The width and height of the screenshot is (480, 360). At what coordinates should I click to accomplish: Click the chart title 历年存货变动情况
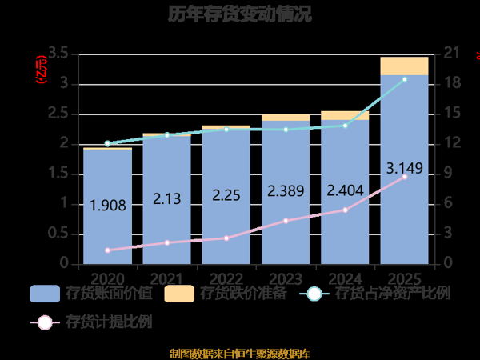(240, 14)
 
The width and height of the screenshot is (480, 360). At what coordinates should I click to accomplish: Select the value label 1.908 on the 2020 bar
(107, 205)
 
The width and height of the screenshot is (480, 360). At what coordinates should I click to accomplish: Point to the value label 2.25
(226, 194)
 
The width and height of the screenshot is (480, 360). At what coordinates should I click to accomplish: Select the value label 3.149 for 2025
(404, 169)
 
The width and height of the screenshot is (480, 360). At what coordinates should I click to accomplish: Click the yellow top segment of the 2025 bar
(404, 66)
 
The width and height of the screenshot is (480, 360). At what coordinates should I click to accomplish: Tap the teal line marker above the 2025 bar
(404, 79)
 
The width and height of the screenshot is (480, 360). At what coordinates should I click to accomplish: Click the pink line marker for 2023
(286, 220)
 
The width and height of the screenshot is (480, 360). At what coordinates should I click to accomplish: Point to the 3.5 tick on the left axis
(57, 54)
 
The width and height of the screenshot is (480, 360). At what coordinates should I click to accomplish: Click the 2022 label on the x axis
(226, 278)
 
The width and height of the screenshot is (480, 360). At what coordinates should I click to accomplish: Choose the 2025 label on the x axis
(404, 278)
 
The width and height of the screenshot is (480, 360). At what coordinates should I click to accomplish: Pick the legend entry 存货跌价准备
(226, 294)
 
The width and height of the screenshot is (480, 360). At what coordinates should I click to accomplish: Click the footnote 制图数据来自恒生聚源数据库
(240, 353)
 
